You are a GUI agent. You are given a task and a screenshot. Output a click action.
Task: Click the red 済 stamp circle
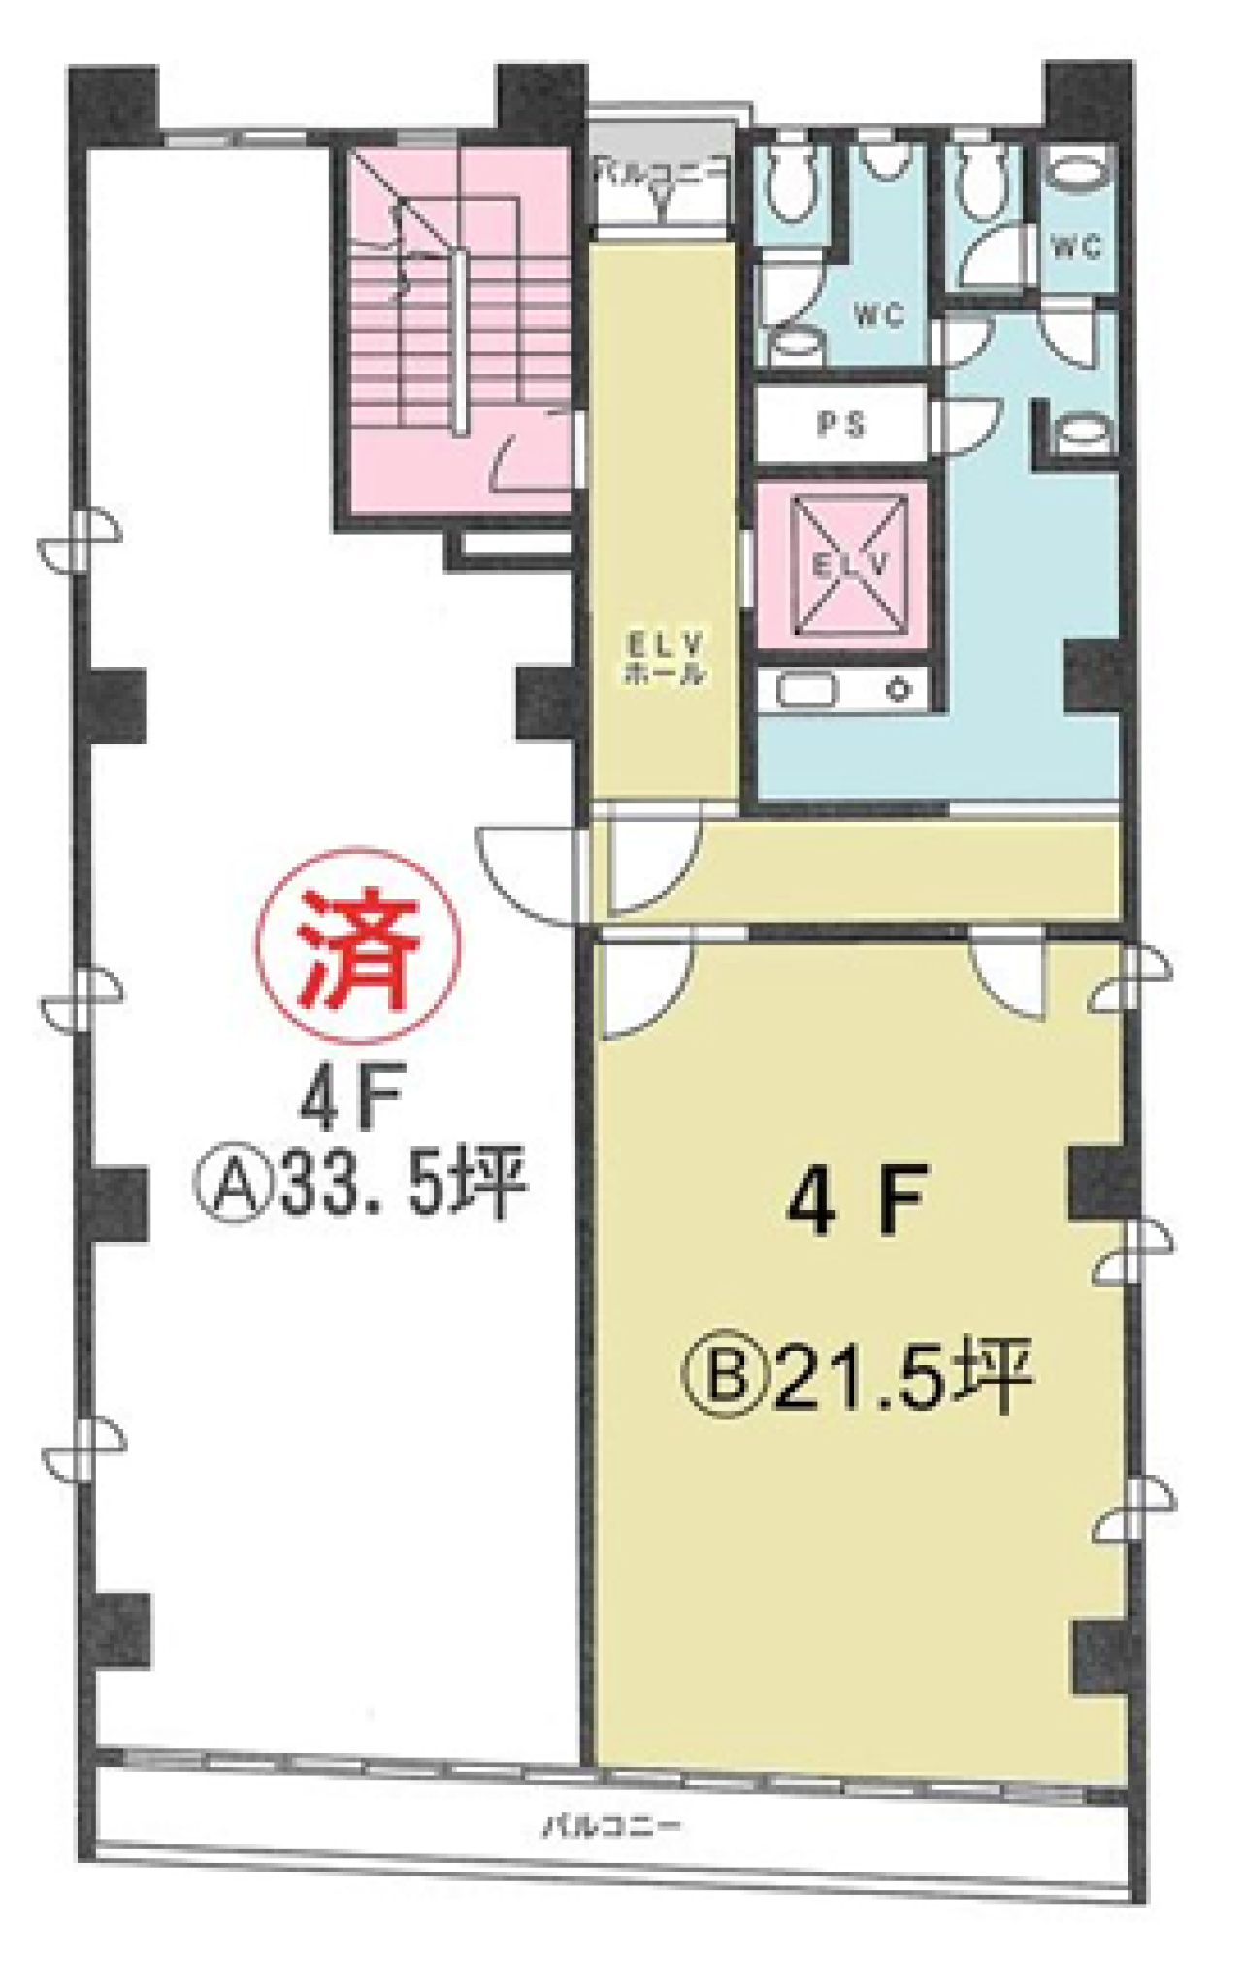359,945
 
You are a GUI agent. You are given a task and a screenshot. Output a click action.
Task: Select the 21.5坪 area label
901,1377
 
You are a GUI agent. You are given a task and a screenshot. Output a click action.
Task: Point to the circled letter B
728,1379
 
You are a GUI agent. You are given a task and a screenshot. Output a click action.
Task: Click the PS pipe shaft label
841,424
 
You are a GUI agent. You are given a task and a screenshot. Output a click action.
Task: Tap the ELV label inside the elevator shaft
841,566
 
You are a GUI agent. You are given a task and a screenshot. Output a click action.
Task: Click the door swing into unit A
529,868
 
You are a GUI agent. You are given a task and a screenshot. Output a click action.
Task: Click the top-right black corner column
1087,97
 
